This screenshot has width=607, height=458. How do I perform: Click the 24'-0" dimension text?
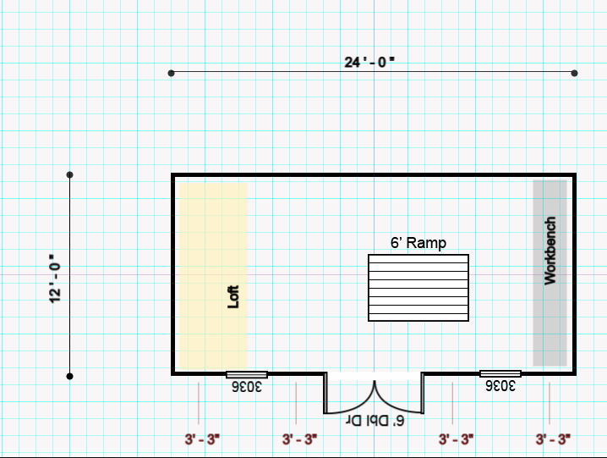[369, 62]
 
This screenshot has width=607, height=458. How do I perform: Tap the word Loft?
[234, 295]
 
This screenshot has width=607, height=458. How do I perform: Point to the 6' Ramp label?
[418, 243]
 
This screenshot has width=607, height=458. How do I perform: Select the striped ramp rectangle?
[418, 287]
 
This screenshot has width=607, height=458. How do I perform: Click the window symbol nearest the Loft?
[247, 373]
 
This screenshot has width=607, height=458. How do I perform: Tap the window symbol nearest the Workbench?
[500, 373]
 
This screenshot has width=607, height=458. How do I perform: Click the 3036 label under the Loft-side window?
[247, 386]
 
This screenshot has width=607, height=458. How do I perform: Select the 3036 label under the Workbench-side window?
[500, 386]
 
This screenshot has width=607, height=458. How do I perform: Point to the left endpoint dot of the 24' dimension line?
[172, 74]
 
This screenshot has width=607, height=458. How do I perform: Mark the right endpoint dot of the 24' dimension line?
[575, 74]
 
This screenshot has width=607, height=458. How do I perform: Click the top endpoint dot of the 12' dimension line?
[70, 175]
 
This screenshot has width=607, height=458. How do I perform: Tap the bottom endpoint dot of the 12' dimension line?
[70, 376]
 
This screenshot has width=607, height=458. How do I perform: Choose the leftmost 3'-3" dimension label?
[202, 439]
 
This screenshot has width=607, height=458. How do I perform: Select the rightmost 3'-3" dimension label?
[553, 439]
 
